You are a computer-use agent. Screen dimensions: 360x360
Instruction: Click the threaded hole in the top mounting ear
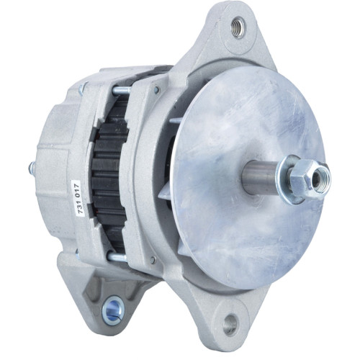tap(238, 28)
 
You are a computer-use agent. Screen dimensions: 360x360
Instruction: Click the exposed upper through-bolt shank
tap(121, 91)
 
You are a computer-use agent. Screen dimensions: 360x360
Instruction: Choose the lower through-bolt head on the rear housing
tap(78, 252)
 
